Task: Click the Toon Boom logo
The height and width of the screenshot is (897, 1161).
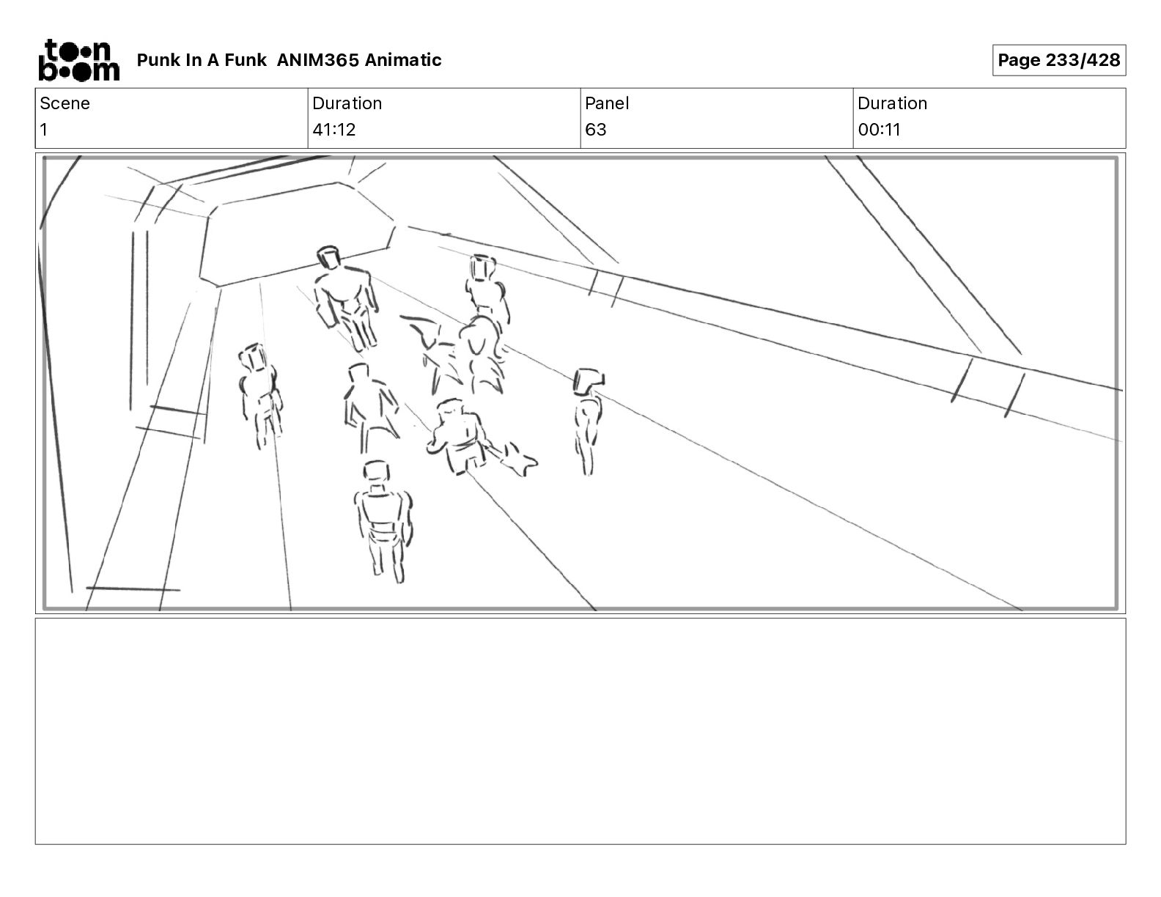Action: pos(79,60)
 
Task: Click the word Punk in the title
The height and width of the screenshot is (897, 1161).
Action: pos(158,60)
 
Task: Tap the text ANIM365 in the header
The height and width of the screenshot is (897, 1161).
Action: pos(318,60)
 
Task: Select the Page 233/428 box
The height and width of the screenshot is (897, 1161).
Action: pos(1059,60)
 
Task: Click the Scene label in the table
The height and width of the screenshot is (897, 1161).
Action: pos(64,103)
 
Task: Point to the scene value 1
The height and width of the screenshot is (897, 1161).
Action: pos(44,129)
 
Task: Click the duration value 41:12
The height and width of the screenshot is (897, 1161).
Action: pos(334,129)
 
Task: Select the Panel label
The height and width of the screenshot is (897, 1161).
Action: pos(607,103)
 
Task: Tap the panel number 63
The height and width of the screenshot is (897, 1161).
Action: pos(596,129)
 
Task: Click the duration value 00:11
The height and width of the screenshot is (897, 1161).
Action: pos(879,129)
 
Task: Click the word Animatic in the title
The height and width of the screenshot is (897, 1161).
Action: pos(403,60)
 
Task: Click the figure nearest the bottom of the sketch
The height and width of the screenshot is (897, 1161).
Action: pos(383,521)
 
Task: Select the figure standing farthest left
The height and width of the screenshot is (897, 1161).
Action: pos(260,395)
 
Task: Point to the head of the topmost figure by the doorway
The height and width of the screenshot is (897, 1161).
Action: pos(329,257)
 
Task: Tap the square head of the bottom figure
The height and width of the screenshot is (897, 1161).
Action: pos(377,471)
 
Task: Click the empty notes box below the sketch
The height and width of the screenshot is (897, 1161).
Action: pos(580,731)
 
